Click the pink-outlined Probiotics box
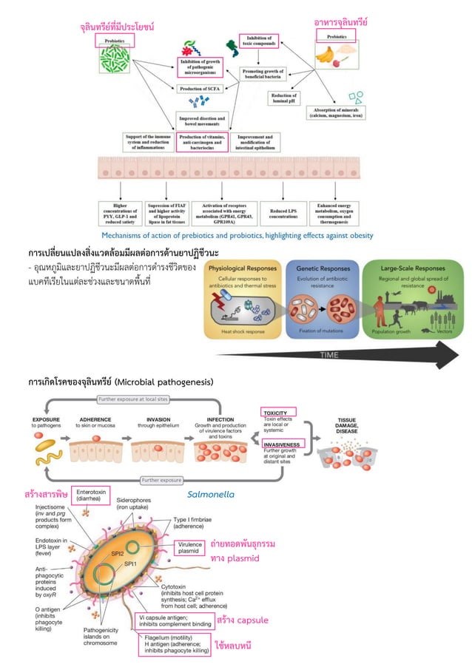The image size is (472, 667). click(x=114, y=42)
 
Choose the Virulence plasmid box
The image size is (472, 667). click(x=190, y=548)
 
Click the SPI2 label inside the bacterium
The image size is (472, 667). click(x=117, y=552)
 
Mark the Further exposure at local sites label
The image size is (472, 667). click(x=133, y=399)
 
